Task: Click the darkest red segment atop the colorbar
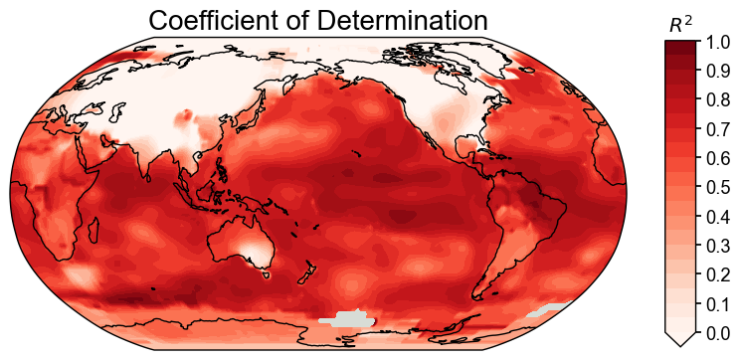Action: (x=681, y=47)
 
